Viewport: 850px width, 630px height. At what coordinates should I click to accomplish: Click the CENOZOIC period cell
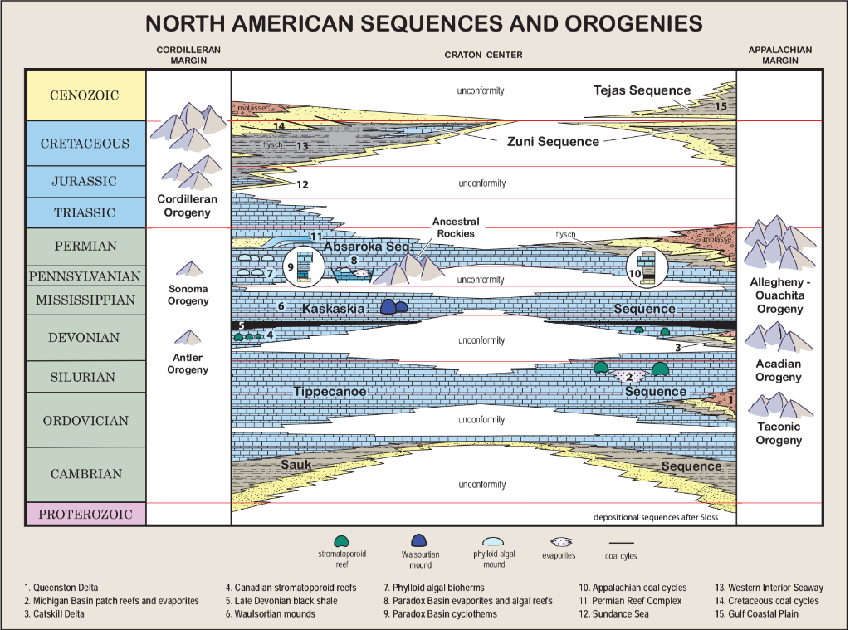pos(85,95)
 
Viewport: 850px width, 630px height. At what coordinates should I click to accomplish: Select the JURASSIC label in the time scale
pos(85,182)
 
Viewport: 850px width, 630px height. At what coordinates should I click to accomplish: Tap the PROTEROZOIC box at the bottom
pos(85,515)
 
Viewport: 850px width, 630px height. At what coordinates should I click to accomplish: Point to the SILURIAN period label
pos(85,377)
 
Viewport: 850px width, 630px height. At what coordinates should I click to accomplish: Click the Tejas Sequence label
pos(642,90)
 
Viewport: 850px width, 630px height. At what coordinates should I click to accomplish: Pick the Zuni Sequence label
pos(553,141)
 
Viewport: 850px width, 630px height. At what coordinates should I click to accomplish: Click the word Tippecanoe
pos(330,391)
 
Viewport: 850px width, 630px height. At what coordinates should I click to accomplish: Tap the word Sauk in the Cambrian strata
pos(296,465)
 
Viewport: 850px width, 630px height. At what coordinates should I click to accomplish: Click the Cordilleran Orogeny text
pos(188,207)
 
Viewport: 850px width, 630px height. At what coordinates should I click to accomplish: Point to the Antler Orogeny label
pos(188,364)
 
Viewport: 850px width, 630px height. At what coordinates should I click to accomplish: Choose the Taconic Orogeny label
pos(779,433)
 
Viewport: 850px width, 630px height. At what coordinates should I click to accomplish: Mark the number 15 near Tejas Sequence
pos(721,106)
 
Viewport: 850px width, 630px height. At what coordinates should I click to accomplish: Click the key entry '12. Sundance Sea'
pos(614,614)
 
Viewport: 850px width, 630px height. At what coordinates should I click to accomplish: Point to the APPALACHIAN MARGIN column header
pos(779,55)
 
